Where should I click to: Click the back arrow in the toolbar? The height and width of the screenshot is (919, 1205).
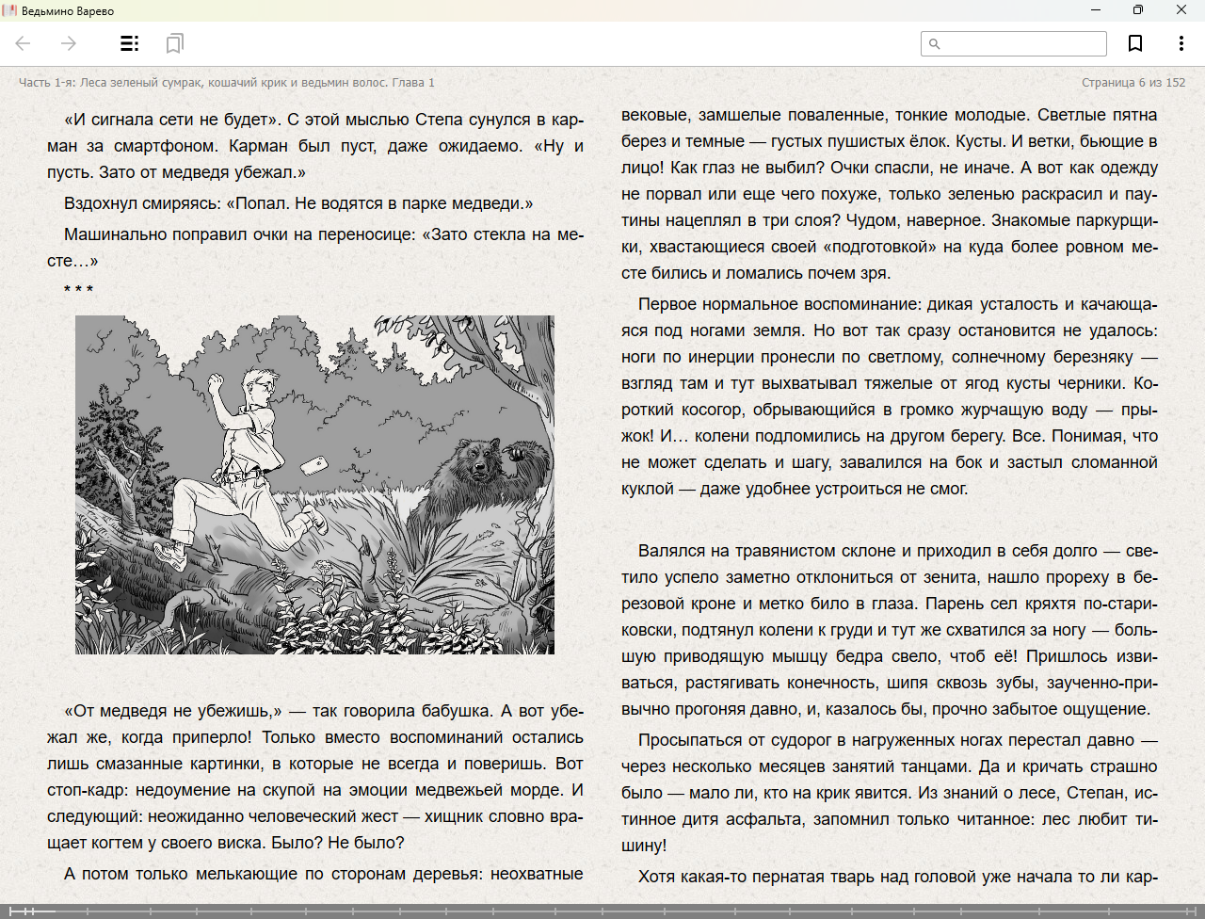pos(24,43)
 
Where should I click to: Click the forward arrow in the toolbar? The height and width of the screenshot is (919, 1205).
pos(69,43)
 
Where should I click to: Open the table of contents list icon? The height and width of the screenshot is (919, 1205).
pos(129,43)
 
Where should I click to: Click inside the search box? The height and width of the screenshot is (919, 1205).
pos(1021,43)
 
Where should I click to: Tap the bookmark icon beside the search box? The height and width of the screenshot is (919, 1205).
pos(1135,43)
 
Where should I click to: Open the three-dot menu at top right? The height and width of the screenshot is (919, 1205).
pos(1181,43)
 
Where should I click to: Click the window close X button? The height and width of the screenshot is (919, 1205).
pos(1181,10)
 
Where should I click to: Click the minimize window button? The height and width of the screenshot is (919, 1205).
pos(1096,10)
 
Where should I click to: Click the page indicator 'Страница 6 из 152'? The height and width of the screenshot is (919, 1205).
pos(1133,83)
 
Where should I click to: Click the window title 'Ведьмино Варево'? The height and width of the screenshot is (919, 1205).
pos(68,11)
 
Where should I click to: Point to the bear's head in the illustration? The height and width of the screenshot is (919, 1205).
pos(475,459)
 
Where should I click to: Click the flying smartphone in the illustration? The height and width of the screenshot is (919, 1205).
pos(313,464)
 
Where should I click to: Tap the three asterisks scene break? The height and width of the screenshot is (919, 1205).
pos(78,289)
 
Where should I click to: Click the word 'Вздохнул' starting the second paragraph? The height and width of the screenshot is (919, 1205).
pos(98,203)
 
